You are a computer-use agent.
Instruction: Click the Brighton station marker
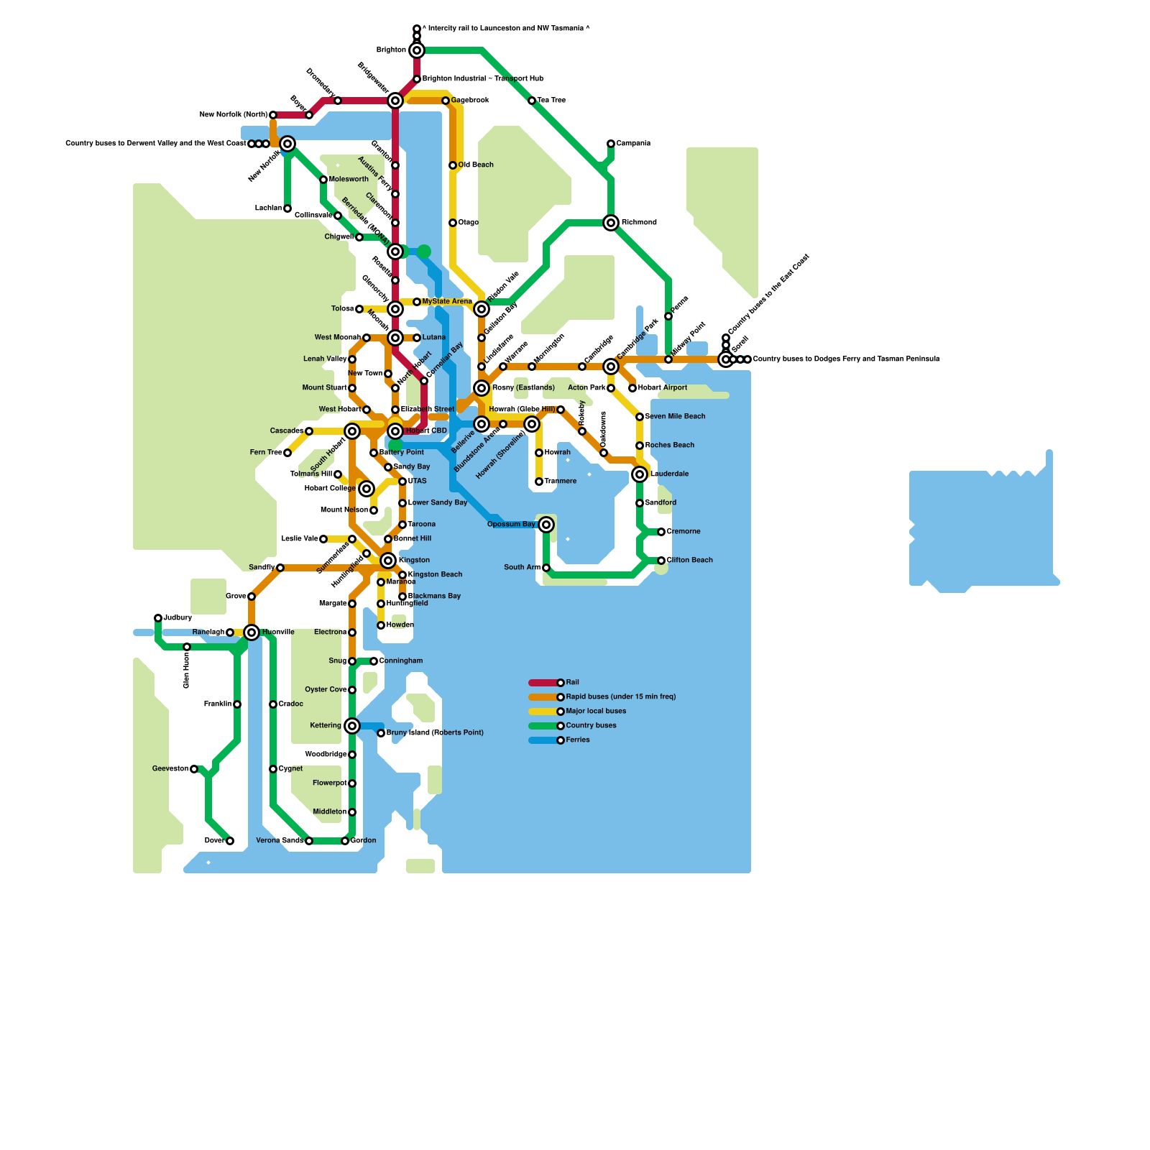[417, 50]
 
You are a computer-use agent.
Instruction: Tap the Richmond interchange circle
[611, 223]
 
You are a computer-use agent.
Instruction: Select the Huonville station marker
[252, 632]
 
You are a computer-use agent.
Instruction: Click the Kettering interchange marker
[352, 726]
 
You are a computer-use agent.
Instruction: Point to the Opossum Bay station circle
[546, 525]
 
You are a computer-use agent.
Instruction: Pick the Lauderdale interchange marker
[640, 474]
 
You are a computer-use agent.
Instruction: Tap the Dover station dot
[230, 841]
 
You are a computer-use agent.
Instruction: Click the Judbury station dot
[158, 618]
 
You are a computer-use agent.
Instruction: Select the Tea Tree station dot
[532, 101]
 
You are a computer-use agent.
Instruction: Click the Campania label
[633, 144]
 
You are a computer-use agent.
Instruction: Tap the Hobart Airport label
[663, 388]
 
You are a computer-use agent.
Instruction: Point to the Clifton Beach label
[690, 561]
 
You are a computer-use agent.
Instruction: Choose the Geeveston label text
[170, 769]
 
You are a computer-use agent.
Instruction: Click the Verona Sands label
[280, 841]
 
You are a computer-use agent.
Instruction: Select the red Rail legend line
[543, 683]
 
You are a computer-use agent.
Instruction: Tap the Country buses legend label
[592, 726]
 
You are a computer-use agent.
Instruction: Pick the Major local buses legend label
[596, 712]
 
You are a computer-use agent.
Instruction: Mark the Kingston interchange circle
[388, 561]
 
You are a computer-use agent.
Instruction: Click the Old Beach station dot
[453, 165]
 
